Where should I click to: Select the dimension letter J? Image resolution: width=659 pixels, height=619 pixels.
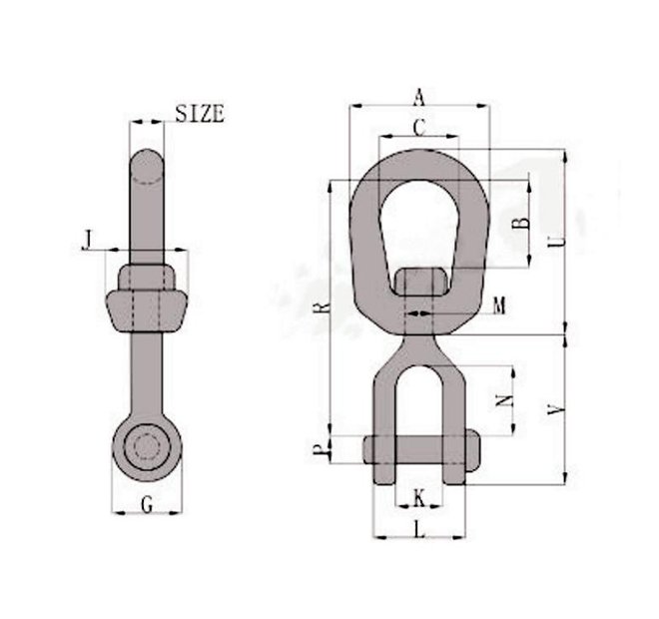point(89,240)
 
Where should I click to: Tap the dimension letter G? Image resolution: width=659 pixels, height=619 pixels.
point(147,504)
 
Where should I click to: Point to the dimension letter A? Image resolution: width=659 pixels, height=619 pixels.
point(419,96)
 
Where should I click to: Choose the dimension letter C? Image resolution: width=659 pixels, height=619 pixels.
point(419,127)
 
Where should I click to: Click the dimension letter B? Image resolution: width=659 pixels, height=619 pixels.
point(518,224)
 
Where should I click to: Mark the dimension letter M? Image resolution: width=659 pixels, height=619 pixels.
point(498,303)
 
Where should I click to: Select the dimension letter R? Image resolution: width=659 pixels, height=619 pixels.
point(319,309)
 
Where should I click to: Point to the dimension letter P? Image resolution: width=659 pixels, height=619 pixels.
point(319,452)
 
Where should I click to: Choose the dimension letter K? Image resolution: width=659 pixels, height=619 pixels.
point(419,496)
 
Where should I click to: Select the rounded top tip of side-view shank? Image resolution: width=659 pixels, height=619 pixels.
point(148,163)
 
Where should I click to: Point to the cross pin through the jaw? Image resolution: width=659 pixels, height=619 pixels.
point(418,446)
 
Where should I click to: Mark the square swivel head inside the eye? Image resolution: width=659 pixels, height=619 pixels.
point(418,282)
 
